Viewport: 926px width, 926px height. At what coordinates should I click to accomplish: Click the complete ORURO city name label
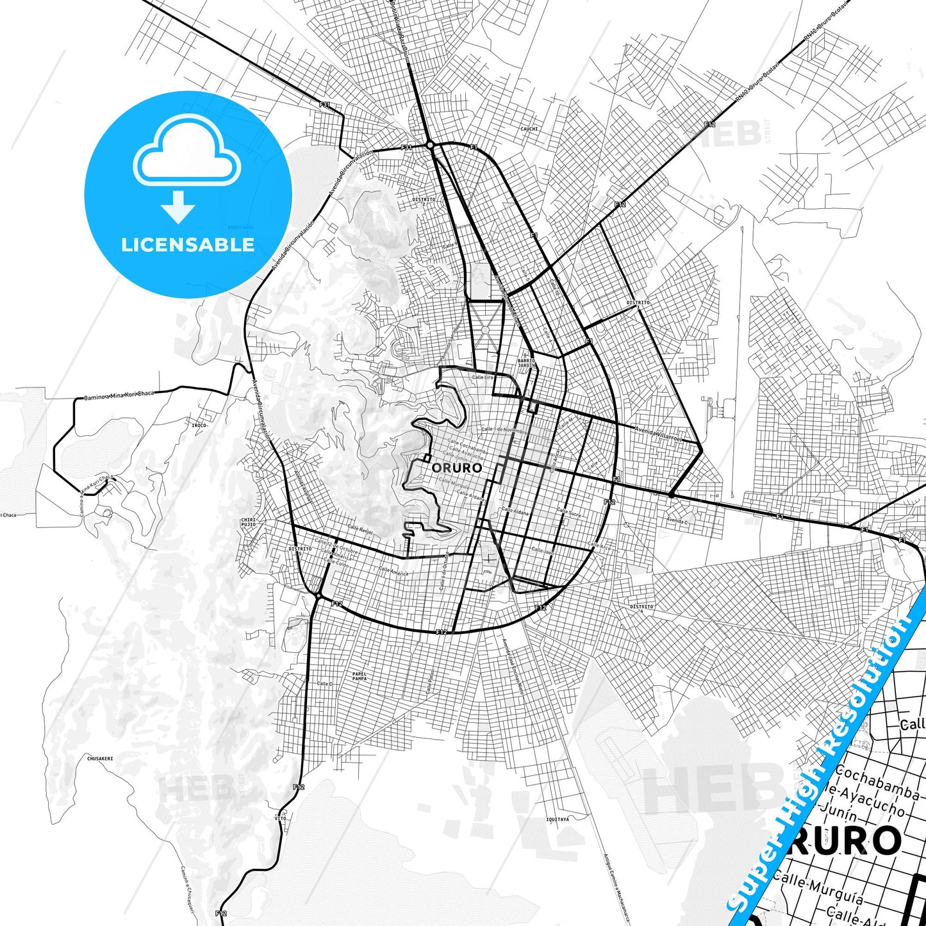456,468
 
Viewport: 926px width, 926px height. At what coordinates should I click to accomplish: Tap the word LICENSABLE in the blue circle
188,245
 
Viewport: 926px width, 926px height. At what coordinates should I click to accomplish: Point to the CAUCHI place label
529,129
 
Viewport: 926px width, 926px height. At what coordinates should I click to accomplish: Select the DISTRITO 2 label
424,201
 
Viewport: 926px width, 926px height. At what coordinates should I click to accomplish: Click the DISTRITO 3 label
638,304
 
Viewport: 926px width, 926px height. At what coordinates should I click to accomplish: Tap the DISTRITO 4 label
641,608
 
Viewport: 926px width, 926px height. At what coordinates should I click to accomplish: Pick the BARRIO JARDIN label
526,363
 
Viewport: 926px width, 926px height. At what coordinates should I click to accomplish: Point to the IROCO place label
199,425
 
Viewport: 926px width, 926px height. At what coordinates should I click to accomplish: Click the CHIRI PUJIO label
248,522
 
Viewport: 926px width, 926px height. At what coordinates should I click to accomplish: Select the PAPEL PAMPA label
360,676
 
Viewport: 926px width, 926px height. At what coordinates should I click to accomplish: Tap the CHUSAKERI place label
100,758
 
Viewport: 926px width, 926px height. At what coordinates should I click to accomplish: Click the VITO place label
281,818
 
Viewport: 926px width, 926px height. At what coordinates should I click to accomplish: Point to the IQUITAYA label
558,819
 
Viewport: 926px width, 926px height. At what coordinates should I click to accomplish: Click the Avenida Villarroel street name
658,434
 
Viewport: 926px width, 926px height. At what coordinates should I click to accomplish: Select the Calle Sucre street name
569,513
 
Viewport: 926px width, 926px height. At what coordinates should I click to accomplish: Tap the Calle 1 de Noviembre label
504,430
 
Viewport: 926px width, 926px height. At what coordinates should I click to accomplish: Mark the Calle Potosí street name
430,682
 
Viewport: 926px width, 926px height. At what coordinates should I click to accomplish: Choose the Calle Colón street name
336,562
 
